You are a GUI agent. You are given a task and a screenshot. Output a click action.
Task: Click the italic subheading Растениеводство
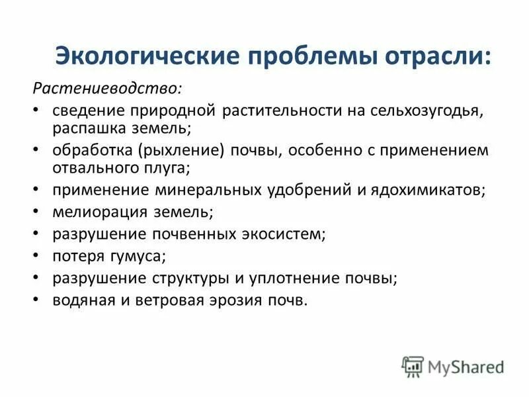(x=108, y=87)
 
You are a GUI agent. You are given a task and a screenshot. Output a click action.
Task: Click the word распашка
(x=85, y=126)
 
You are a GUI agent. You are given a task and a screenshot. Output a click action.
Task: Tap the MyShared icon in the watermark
(x=413, y=367)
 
